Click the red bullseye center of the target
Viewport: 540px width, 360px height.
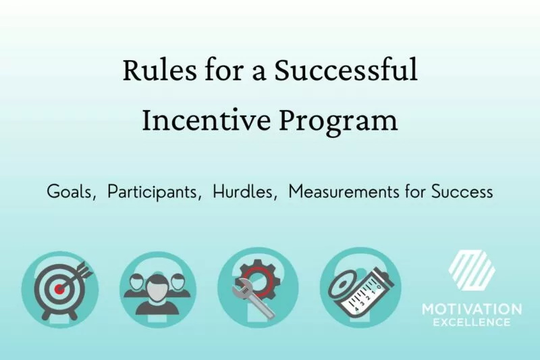(59, 288)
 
